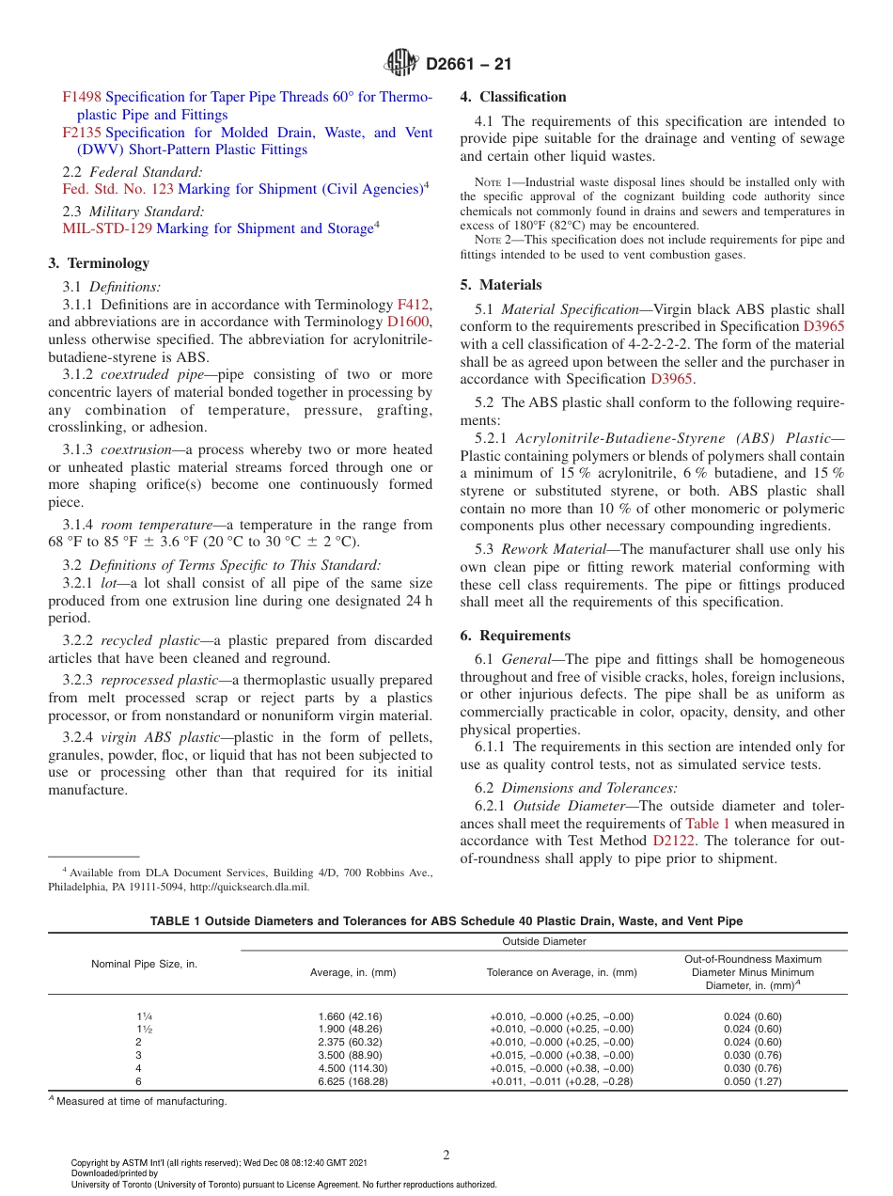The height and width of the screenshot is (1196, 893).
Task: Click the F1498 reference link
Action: pos(82,97)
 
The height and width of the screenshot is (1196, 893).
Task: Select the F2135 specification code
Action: pos(82,133)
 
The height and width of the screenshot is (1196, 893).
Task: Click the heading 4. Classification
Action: pos(513,97)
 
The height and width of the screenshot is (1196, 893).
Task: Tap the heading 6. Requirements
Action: pos(515,636)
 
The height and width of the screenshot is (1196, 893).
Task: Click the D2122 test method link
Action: pos(674,841)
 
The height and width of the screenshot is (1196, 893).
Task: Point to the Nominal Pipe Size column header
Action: pos(144,965)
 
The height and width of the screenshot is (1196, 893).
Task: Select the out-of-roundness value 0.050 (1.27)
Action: pos(752,1082)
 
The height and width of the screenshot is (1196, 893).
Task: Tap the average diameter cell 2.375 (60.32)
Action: pos(350,1042)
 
